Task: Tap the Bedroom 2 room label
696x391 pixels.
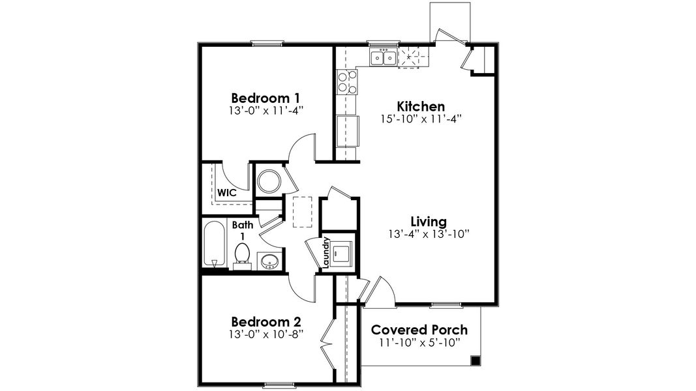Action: (x=266, y=322)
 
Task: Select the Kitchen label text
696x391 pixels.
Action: (x=421, y=106)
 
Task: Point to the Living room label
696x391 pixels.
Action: (x=428, y=220)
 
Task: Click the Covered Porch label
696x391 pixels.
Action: (x=419, y=330)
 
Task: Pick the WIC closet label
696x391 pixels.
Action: (x=226, y=193)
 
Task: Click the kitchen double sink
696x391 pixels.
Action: (x=383, y=59)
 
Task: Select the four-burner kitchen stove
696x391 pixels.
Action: (x=346, y=83)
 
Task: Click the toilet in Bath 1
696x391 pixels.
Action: (x=242, y=254)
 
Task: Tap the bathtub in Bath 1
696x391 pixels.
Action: (x=214, y=244)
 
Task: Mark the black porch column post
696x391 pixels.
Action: (x=476, y=360)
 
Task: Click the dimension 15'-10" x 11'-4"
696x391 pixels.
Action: (x=421, y=119)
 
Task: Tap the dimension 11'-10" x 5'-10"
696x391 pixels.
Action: (x=420, y=343)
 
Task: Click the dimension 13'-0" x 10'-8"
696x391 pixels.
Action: (x=266, y=335)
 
